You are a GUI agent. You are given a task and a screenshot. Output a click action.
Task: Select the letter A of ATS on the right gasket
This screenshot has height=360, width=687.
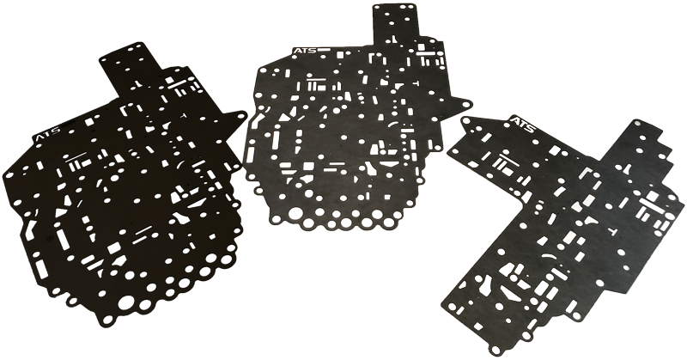point(516,121)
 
